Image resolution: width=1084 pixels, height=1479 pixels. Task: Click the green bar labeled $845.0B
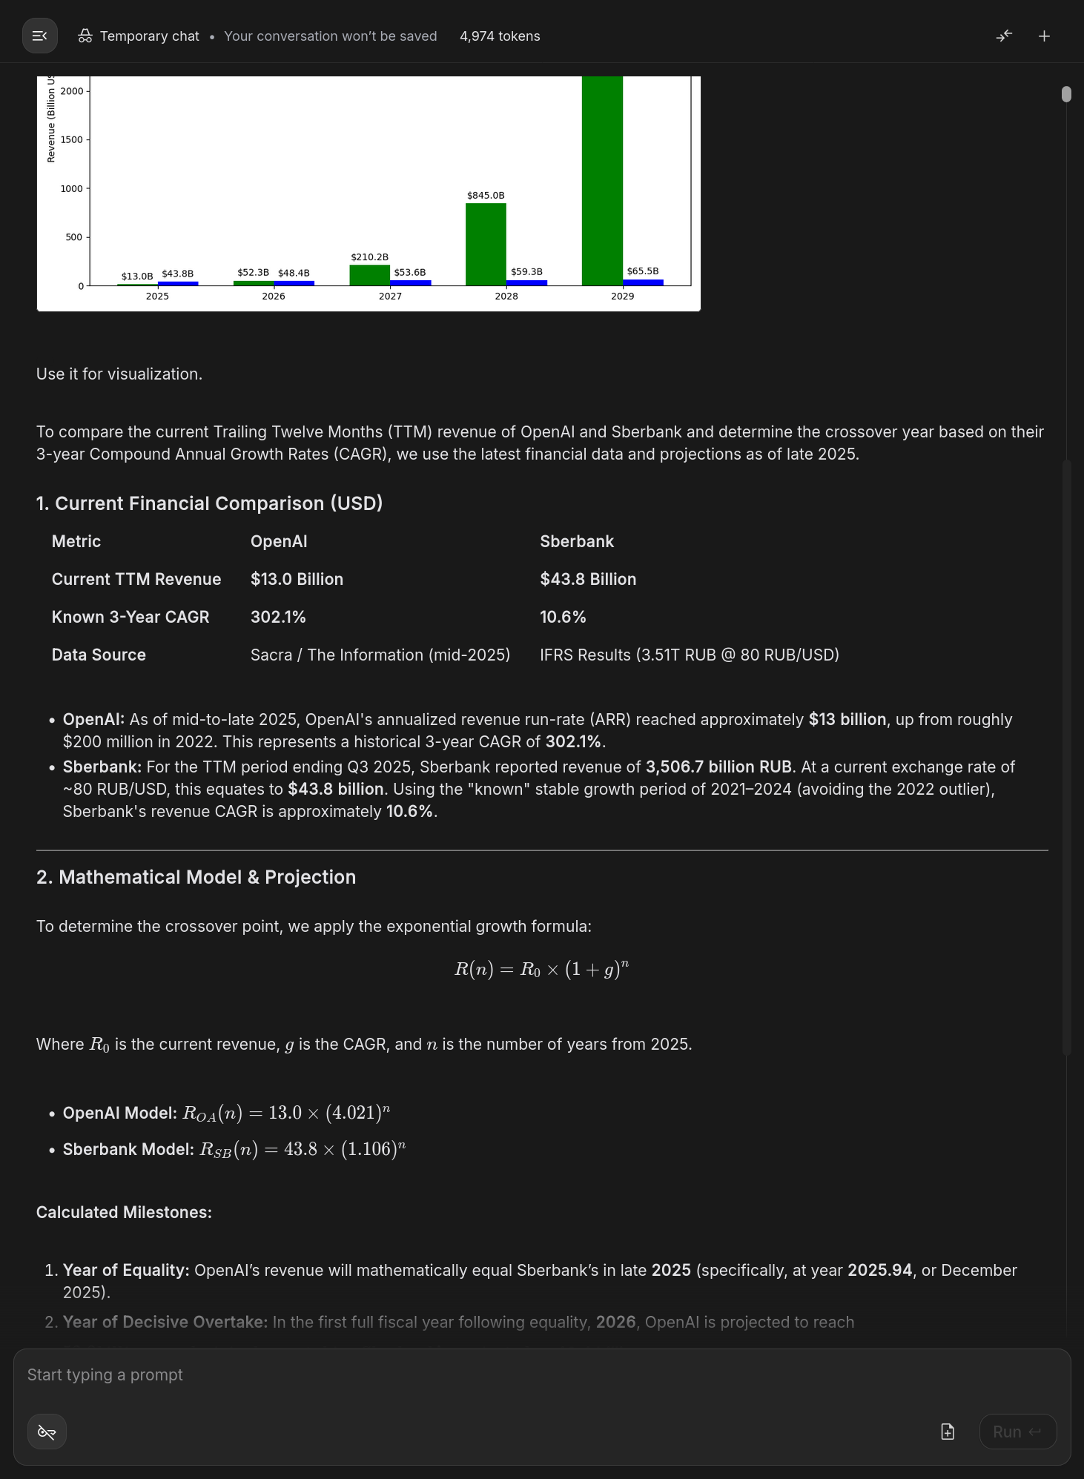(486, 244)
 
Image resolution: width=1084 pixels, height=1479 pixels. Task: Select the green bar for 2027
(369, 275)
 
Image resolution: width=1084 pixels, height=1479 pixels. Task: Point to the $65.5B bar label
(642, 271)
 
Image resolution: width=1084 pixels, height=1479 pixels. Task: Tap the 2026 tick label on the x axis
(274, 297)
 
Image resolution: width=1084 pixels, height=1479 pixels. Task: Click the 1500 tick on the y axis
(72, 140)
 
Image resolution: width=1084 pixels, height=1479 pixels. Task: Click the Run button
(1017, 1432)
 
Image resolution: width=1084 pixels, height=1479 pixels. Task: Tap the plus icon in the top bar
(1044, 36)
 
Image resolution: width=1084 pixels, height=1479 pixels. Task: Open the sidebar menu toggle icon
(40, 36)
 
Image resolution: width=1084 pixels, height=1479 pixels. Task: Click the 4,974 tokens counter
(500, 36)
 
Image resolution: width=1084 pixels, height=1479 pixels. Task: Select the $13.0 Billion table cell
(297, 580)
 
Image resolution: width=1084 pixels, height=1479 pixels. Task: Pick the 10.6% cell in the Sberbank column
(563, 618)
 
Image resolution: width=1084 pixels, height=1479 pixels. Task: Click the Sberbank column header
(576, 542)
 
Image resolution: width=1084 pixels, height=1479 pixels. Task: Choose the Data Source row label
(99, 655)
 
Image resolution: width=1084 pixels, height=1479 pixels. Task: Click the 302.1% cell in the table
(278, 618)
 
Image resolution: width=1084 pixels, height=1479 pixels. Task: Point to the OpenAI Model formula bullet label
(119, 1114)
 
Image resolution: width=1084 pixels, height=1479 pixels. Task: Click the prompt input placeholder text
(105, 1375)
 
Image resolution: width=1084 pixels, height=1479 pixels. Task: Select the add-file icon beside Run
(948, 1432)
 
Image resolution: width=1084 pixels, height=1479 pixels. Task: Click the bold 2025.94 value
(879, 1271)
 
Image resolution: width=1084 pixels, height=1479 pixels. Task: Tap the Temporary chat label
(149, 36)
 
